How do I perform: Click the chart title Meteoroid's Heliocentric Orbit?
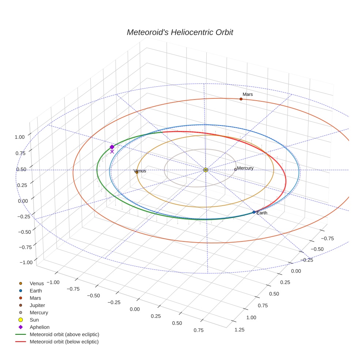180,32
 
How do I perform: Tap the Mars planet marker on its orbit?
241,99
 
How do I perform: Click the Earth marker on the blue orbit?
254,212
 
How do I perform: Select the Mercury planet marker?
235,169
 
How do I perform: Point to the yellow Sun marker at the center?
206,170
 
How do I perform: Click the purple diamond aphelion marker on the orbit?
112,147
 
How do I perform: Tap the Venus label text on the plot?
140,171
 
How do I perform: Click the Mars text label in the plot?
248,94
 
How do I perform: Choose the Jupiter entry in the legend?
37,305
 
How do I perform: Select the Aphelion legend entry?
40,327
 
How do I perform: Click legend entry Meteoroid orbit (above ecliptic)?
64,334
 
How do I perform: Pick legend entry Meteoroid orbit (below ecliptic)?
64,342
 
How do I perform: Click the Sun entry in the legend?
34,320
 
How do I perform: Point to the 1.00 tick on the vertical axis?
19,137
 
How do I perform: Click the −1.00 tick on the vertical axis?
26,262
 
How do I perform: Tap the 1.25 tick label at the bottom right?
239,330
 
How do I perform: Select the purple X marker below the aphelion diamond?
112,151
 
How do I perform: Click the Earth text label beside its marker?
262,213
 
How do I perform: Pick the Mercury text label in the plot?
245,168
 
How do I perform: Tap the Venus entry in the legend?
37,283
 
